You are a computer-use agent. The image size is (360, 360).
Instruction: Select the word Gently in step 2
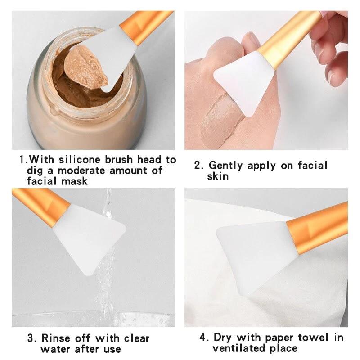tap(225, 166)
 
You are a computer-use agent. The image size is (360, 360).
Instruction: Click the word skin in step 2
tap(218, 176)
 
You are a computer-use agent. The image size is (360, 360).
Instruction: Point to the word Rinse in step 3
tap(56, 338)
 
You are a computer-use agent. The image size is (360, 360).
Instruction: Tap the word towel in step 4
tap(313, 337)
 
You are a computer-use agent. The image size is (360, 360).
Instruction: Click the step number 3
tap(31, 338)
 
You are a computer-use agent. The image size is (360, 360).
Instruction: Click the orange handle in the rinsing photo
tap(42, 204)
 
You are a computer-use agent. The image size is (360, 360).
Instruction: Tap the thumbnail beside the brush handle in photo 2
tap(252, 39)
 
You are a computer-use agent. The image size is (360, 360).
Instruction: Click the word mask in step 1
tap(75, 181)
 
